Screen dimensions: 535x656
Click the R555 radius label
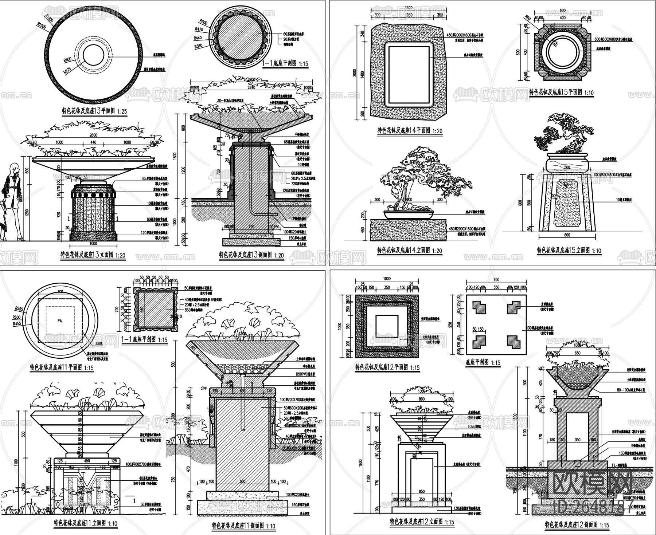(17, 310)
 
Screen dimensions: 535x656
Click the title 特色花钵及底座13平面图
(94, 111)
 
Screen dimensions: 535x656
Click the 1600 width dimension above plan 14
(409, 8)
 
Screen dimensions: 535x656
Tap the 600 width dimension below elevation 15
(567, 235)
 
